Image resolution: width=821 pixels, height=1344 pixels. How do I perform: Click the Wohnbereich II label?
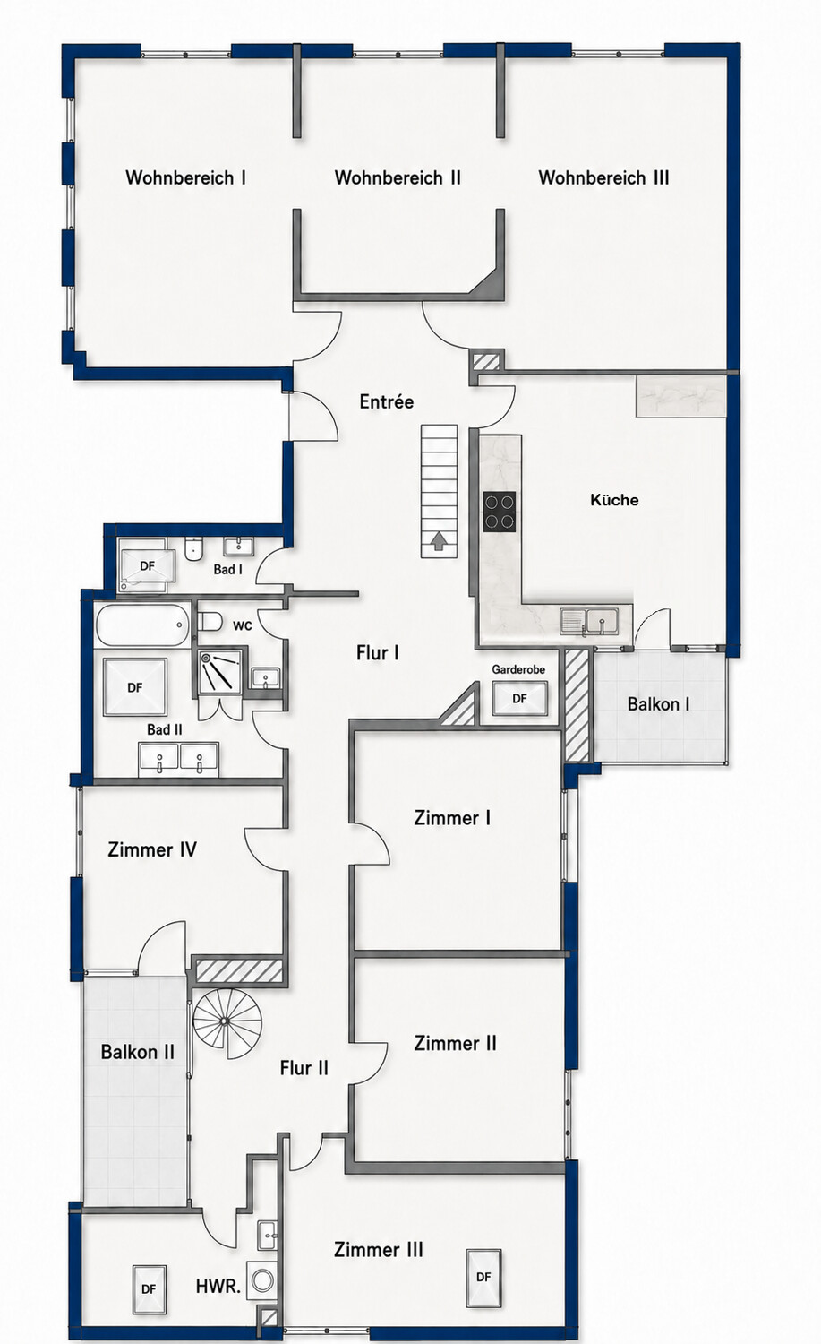(x=398, y=177)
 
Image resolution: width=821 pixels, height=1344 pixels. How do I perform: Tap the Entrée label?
(x=387, y=401)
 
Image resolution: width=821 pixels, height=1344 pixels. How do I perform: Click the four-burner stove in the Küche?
(x=500, y=512)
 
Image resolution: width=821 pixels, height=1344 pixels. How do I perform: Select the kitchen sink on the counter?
(x=589, y=621)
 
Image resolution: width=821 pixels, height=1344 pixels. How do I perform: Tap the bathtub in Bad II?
(x=142, y=625)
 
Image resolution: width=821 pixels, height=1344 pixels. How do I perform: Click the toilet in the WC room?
(x=210, y=621)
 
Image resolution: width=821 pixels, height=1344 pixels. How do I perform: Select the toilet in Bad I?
(x=193, y=548)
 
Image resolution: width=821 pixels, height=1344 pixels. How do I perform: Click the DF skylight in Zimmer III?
(x=483, y=1277)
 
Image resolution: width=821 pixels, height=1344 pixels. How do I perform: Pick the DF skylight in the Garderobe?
(x=519, y=698)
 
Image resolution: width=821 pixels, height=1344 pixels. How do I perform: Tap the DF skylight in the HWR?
(x=149, y=1288)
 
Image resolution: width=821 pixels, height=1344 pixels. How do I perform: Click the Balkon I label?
(x=658, y=703)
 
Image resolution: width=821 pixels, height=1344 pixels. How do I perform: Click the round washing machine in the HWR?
(x=262, y=1279)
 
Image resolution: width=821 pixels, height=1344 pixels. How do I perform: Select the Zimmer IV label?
(x=152, y=849)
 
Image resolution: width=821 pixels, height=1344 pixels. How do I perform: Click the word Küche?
(x=614, y=499)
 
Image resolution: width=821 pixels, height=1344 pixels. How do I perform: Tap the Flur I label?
(x=378, y=653)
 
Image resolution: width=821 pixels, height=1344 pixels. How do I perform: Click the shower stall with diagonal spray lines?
(x=220, y=671)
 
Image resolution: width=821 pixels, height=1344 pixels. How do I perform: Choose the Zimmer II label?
(x=455, y=1043)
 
